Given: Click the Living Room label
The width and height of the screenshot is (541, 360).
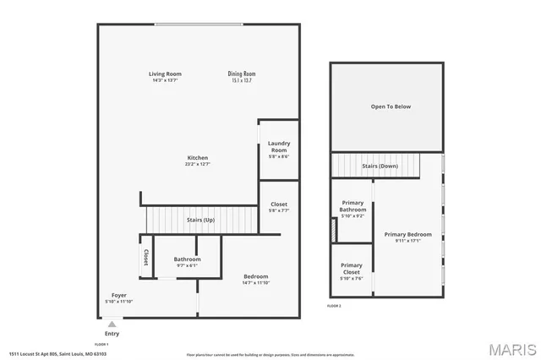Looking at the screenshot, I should pos(166,74).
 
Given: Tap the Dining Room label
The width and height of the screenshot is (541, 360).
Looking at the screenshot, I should pos(242,74).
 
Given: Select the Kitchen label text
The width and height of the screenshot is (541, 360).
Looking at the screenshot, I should pos(198,158).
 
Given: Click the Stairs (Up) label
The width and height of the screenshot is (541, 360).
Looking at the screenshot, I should pos(199,220).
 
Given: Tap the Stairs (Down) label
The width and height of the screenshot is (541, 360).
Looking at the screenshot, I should pos(380,166).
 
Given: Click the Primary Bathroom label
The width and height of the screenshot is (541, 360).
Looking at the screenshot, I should pos(352,206).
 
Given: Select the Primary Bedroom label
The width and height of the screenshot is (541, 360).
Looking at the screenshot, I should pos(408,234).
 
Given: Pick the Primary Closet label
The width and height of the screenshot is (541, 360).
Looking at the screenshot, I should pos(352,269).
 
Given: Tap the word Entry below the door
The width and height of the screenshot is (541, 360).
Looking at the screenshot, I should pos(112,334).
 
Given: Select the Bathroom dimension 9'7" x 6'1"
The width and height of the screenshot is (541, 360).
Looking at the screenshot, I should pos(187,265).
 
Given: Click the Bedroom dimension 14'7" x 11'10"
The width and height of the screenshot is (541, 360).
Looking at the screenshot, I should pos(256,283).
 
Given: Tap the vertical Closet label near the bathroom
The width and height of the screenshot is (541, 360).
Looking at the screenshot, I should pos(145,258).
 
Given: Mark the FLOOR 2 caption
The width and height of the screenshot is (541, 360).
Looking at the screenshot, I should pos(335,305).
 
